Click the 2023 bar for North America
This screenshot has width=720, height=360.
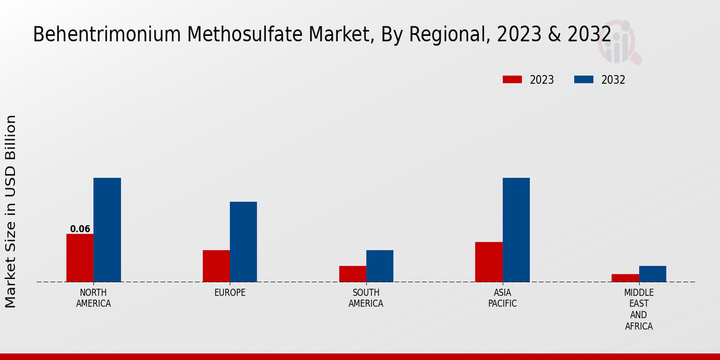(80, 258)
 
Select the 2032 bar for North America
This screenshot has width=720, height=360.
(107, 230)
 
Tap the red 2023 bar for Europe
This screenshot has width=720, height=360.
(216, 266)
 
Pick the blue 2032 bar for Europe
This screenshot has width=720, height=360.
(243, 242)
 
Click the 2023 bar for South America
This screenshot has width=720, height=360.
(352, 274)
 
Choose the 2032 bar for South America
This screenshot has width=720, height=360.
(380, 266)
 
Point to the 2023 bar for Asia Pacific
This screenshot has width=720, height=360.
(488, 262)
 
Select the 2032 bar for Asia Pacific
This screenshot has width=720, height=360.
(516, 230)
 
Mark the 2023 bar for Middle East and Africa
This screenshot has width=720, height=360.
(625, 278)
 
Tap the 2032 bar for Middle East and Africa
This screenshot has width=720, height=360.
(652, 274)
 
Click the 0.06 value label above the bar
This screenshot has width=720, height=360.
(80, 229)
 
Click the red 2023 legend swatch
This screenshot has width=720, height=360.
(512, 80)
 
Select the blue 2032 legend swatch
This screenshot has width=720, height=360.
(584, 80)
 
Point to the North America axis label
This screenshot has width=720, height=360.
(94, 298)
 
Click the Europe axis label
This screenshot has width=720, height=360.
(230, 293)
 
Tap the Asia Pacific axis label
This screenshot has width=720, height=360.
(502, 298)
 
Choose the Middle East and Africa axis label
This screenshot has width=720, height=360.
(638, 310)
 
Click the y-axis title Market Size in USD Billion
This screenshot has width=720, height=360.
(11, 211)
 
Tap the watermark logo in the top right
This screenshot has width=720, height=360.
(619, 42)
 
